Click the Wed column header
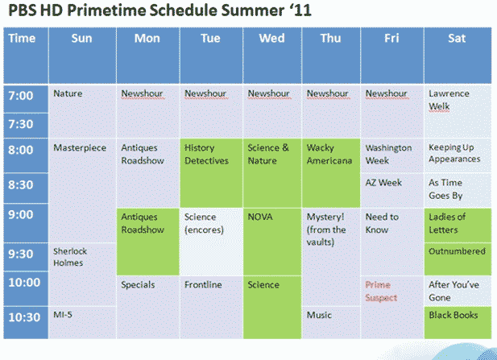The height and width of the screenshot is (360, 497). click(x=272, y=56)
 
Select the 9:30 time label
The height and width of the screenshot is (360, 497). click(x=21, y=254)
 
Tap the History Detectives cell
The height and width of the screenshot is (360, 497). click(x=211, y=173)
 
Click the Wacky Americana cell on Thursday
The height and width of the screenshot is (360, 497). click(x=331, y=173)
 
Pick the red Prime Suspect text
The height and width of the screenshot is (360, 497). click(x=381, y=291)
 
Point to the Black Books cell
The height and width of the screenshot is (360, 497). click(x=458, y=323)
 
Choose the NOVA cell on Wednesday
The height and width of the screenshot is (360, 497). click(x=272, y=242)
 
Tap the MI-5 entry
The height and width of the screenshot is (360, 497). click(x=63, y=314)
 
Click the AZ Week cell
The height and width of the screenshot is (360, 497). click(x=392, y=190)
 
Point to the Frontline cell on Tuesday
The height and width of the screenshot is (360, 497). click(x=211, y=307)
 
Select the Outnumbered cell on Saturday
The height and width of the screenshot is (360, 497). click(x=458, y=259)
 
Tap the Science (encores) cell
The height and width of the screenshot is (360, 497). click(x=211, y=242)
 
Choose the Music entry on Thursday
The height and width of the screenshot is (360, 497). click(x=319, y=315)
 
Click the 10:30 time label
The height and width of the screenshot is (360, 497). click(x=24, y=317)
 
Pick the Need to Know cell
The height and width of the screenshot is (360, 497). click(x=392, y=242)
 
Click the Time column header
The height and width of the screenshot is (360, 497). click(x=26, y=56)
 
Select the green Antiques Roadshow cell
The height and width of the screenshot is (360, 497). click(x=148, y=242)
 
